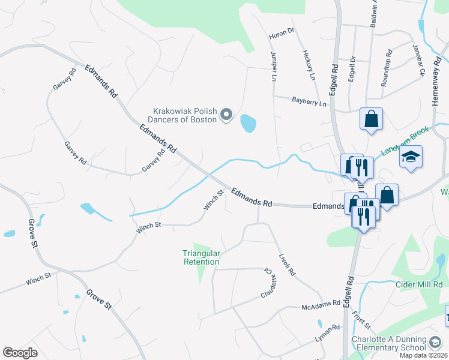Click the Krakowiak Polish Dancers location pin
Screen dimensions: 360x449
226,114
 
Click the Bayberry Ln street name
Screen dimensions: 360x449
309,103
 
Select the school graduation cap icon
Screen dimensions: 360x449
411,157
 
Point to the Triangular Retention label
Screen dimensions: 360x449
201,257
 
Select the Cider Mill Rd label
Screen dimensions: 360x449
418,284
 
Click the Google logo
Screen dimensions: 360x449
20,353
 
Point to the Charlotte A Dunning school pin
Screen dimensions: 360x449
436,343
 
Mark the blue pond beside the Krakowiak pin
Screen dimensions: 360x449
248,124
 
